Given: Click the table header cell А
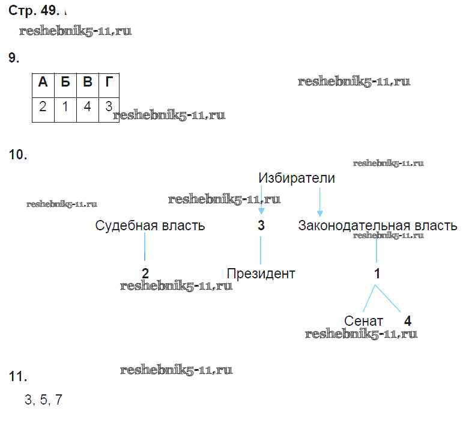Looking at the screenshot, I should pos(43,83).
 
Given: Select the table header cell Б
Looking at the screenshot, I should pos(65,83).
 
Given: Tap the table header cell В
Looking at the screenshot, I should pos(87,83).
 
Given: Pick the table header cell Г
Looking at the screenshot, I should pos(108,83).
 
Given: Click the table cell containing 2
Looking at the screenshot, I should pos(43,108).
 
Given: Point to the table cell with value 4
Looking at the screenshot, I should pos(87,108).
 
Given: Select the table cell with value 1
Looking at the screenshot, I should pos(65,108).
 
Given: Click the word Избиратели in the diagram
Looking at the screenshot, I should pos(297,178).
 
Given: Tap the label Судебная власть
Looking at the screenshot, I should pos(150,225).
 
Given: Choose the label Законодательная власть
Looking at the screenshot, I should pos(377,225).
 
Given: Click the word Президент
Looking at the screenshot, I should pos(261,274).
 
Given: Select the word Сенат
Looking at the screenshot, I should pos(363,321).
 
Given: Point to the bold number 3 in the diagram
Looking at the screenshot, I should pos(261,226).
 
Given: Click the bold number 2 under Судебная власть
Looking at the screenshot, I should pos(145,274).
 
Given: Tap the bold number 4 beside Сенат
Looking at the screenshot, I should pos(408,321).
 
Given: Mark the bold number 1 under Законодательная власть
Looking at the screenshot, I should pos(377,274).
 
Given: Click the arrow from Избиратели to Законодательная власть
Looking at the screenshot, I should pos(319,203).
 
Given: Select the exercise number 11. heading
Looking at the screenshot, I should pos(18,377).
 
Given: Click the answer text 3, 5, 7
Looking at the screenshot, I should pos(44,400).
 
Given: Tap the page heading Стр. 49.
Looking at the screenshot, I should pos(34,10).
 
